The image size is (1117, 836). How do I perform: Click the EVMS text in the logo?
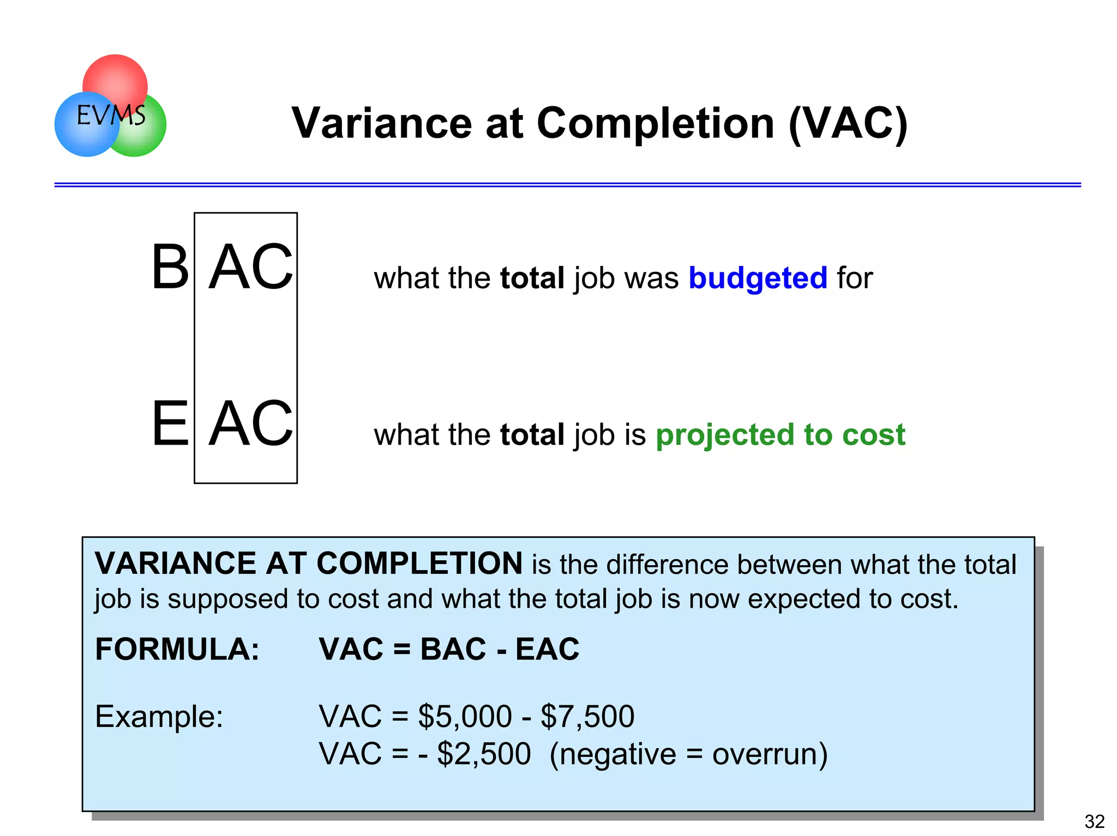pyautogui.click(x=111, y=116)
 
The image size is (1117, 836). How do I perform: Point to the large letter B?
pyautogui.click(x=170, y=267)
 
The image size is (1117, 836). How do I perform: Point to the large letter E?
pyautogui.click(x=170, y=423)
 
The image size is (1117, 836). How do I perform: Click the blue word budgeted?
pyautogui.click(x=758, y=278)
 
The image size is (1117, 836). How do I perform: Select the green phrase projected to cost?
pyautogui.click(x=780, y=434)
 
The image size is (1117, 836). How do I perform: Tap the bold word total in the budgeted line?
pyautogui.click(x=532, y=278)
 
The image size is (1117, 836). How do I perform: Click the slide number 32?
pyautogui.click(x=1094, y=821)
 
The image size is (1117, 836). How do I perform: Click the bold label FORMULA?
pyautogui.click(x=177, y=649)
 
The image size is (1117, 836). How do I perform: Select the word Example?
pyautogui.click(x=159, y=716)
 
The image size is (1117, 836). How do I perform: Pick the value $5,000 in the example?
pyautogui.click(x=465, y=716)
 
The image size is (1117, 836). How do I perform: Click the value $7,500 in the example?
pyautogui.click(x=587, y=716)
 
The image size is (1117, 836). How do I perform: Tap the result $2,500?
pyautogui.click(x=484, y=754)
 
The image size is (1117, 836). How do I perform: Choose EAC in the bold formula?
pyautogui.click(x=547, y=649)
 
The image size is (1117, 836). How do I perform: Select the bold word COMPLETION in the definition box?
pyautogui.click(x=419, y=563)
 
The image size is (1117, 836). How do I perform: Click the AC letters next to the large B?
pyautogui.click(x=251, y=267)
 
